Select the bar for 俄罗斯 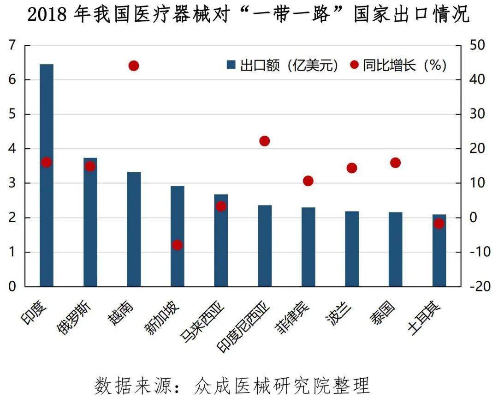click(90, 222)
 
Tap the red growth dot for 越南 click(134, 66)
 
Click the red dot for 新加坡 click(178, 245)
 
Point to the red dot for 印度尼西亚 click(264, 141)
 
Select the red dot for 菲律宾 click(308, 181)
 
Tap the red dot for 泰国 click(395, 163)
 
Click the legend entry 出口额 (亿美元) click(283, 65)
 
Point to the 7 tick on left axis click(12, 45)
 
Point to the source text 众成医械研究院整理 click(282, 384)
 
